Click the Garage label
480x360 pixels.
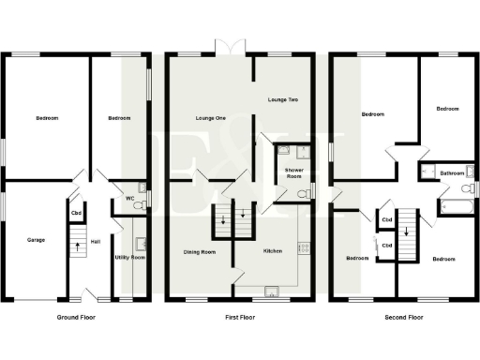35,240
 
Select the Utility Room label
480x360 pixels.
129,256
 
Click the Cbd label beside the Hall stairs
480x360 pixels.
76,213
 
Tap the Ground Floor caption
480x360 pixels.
77,318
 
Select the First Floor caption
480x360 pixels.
241,318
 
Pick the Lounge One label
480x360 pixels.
211,118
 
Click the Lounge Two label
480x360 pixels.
282,99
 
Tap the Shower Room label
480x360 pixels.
292,173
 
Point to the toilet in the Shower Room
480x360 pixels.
302,194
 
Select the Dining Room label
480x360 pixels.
199,251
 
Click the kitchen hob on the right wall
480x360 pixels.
302,247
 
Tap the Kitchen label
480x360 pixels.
273,251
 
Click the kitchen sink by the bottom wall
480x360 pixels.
270,290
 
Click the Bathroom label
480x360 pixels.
454,173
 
